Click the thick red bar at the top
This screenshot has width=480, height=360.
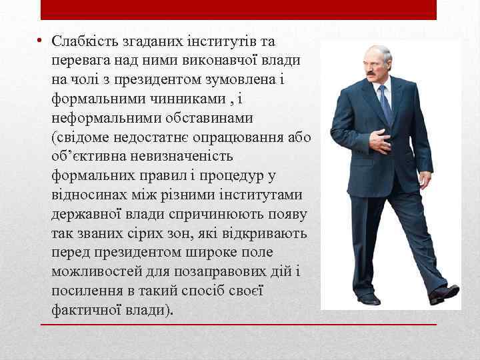pos(239,9)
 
